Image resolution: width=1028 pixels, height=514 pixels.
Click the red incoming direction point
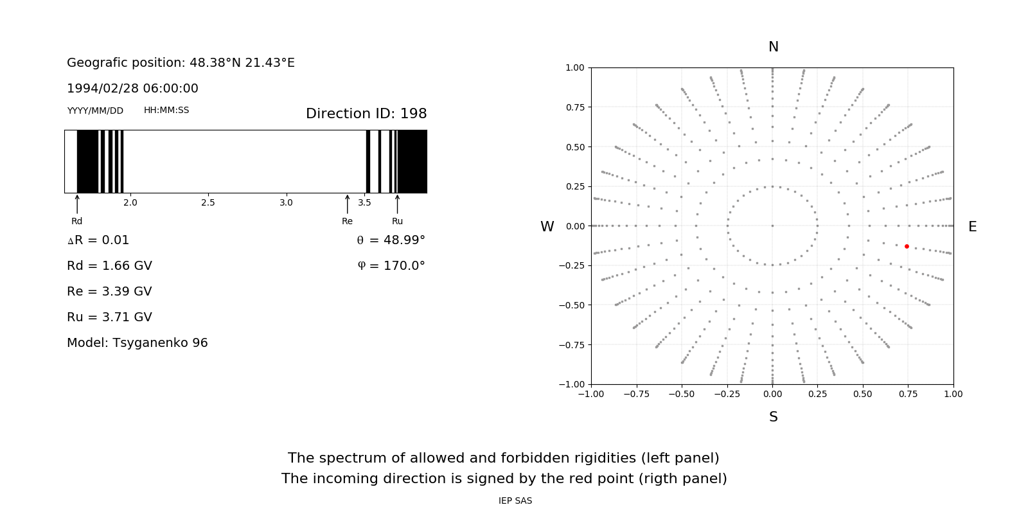(x=907, y=246)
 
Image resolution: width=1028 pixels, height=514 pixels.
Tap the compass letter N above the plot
(x=774, y=47)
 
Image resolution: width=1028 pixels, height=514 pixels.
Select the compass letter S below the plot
(x=774, y=417)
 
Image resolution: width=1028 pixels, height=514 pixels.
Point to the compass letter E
(x=972, y=227)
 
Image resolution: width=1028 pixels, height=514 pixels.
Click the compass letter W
(x=547, y=227)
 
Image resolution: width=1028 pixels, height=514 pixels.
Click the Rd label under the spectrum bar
(x=76, y=222)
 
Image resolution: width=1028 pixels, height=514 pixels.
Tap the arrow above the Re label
(x=348, y=204)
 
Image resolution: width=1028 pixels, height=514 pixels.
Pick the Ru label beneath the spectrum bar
(x=397, y=222)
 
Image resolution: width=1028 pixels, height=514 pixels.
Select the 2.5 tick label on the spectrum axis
(x=208, y=203)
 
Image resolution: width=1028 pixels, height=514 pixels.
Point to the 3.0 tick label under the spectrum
(x=286, y=203)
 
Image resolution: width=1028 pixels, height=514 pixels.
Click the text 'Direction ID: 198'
(x=366, y=114)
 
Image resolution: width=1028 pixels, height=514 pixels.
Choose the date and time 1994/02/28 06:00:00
(x=132, y=89)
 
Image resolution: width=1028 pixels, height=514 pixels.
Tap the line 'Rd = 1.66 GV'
(x=109, y=266)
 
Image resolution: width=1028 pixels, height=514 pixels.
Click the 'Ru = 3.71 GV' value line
(x=109, y=317)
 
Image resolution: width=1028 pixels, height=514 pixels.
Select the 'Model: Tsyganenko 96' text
(x=137, y=343)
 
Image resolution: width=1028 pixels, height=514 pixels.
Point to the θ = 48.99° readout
(x=391, y=240)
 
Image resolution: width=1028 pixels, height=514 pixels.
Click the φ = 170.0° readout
(x=391, y=266)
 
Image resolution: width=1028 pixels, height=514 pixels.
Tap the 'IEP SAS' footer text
(x=515, y=501)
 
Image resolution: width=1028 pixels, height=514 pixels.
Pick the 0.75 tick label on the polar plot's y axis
(x=574, y=107)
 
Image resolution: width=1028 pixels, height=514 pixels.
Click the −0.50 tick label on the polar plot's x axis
(x=682, y=394)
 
